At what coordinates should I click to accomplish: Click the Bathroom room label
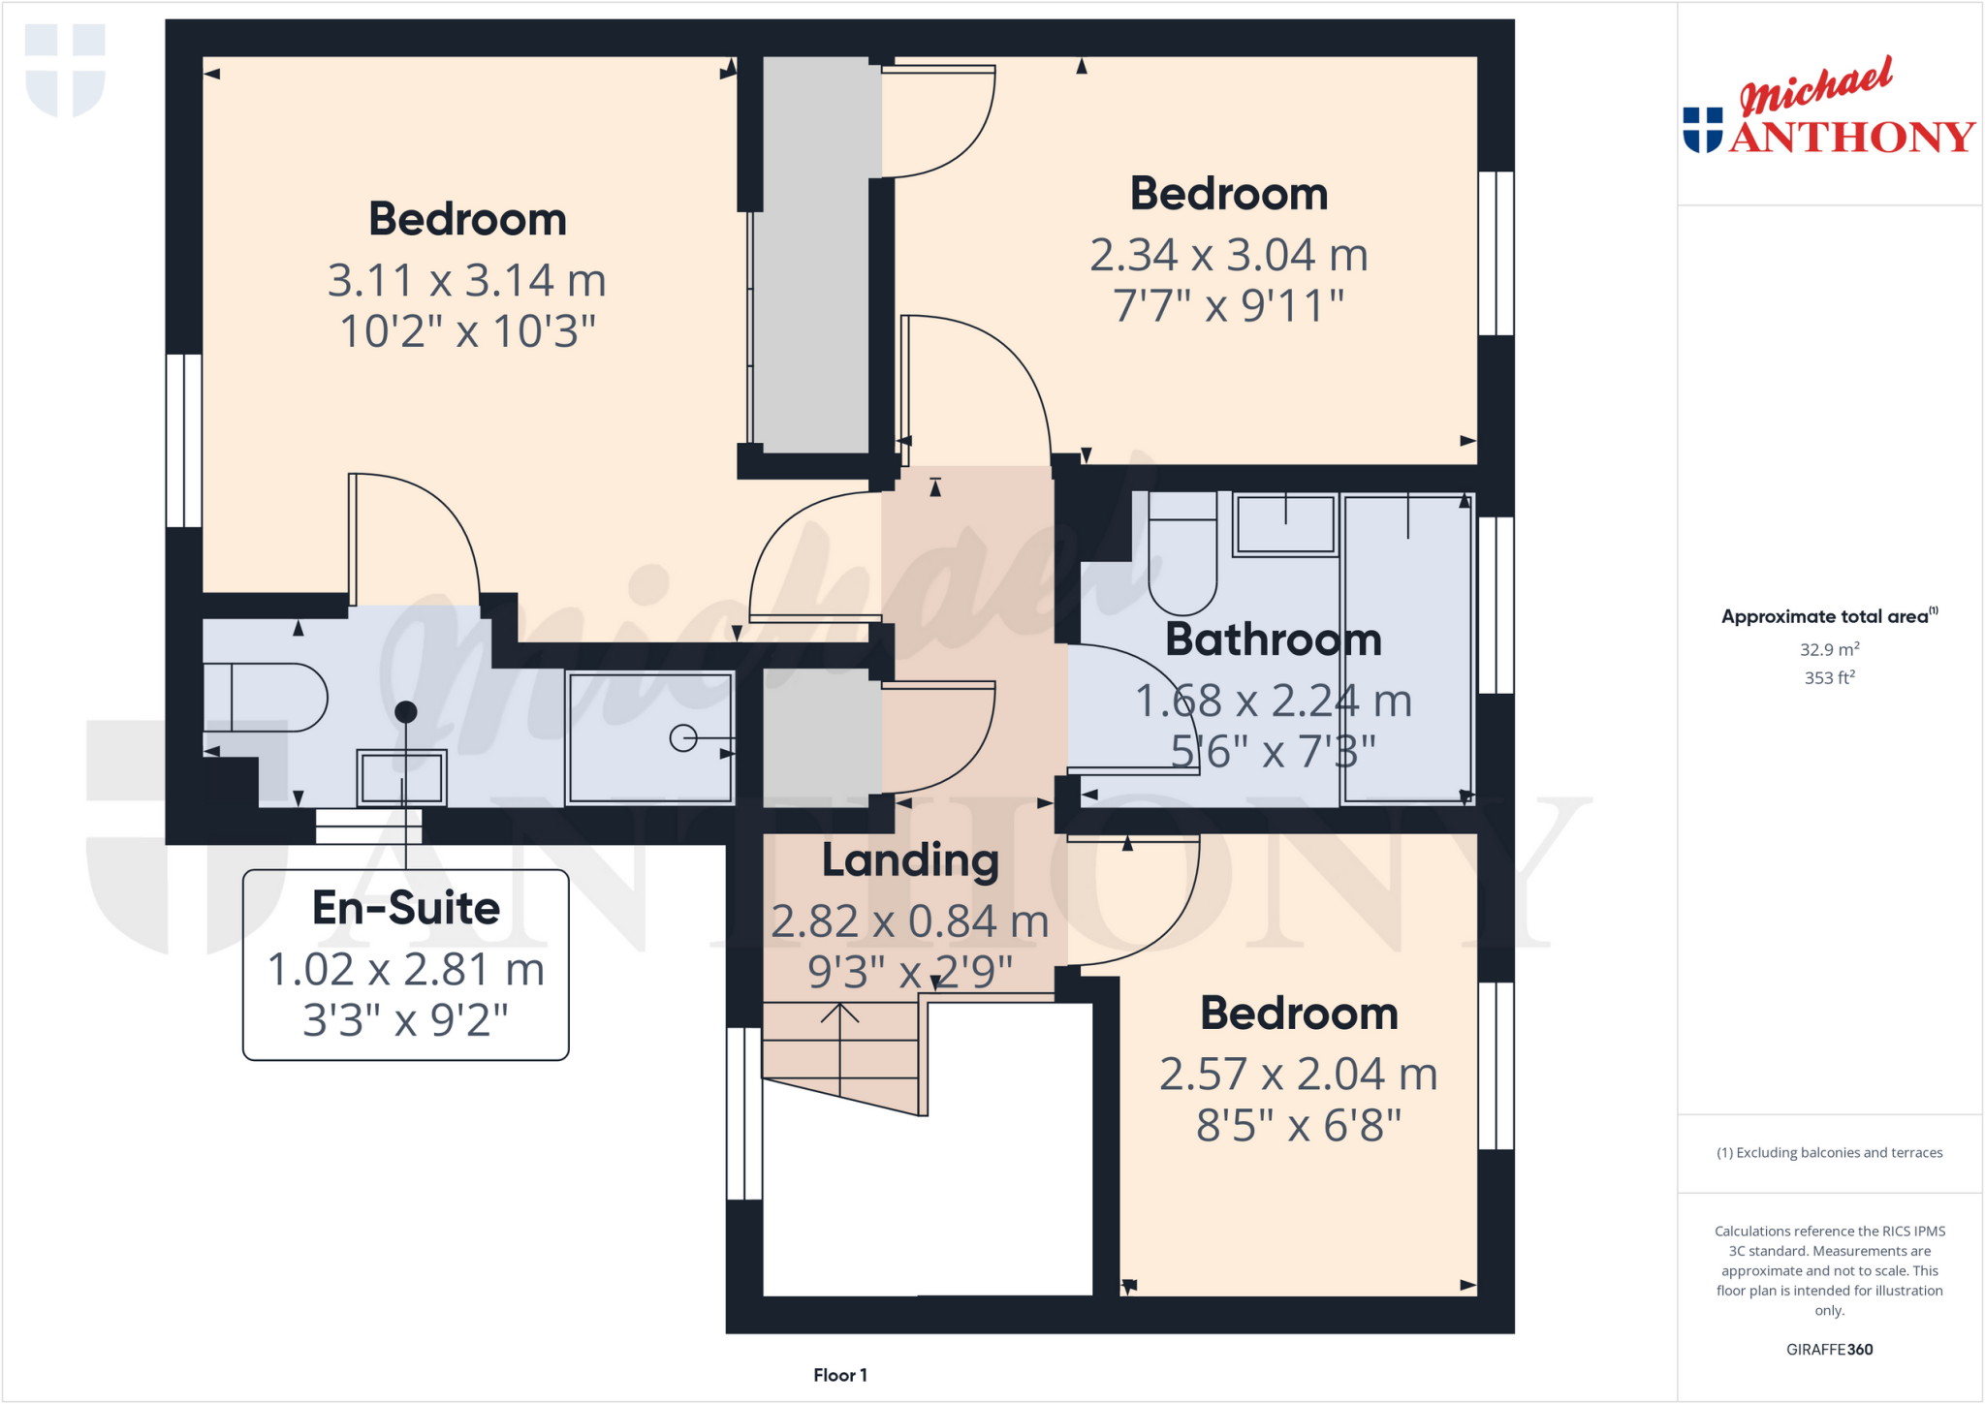(1273, 640)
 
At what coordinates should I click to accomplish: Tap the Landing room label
(910, 860)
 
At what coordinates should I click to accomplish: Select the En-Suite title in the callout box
(406, 908)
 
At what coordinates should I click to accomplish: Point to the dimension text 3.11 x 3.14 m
(466, 281)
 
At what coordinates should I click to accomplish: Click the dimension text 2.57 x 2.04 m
(1298, 1075)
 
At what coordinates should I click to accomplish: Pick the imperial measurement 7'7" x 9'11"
(1228, 306)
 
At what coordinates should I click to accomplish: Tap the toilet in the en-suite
(267, 697)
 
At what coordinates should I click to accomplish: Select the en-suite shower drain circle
(683, 738)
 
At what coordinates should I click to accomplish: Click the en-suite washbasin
(401, 777)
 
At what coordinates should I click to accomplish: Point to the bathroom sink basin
(1285, 525)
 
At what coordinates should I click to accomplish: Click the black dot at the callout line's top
(406, 712)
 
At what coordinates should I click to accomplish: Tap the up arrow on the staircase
(839, 1015)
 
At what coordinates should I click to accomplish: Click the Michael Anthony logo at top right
(1828, 109)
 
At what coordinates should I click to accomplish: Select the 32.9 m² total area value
(1829, 650)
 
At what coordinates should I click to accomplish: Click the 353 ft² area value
(1829, 678)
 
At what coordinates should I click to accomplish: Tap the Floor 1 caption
(839, 1375)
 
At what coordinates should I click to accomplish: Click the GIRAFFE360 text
(1829, 1349)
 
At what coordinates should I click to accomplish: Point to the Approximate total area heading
(1827, 616)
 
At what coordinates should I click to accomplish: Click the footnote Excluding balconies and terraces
(1829, 1152)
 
